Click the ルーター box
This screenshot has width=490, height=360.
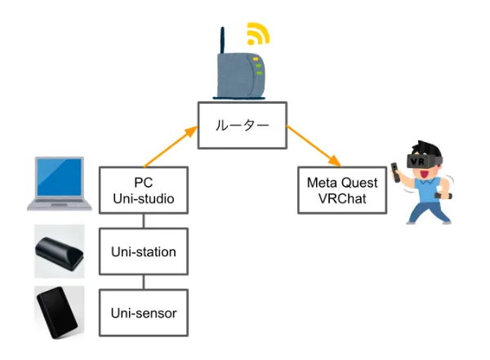(242, 126)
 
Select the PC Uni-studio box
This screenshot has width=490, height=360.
(144, 190)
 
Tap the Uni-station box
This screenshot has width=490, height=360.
(144, 251)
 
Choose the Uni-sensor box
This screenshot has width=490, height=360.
(144, 313)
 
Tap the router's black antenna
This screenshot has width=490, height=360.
(221, 41)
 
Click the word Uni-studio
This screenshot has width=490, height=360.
(144, 198)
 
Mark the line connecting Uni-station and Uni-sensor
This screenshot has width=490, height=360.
(144, 282)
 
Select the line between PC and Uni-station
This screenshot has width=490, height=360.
(144, 220)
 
